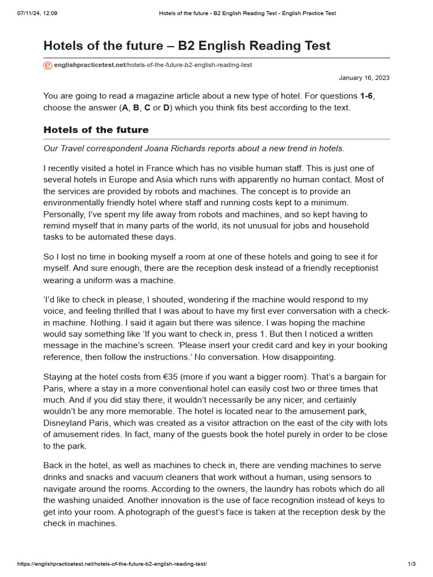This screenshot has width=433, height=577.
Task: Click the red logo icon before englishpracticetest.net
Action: point(47,65)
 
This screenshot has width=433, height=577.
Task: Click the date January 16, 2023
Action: point(364,78)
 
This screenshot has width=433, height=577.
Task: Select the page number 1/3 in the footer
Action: point(412,564)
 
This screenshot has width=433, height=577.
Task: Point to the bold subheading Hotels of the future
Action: point(96,130)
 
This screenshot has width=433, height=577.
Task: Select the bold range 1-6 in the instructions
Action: point(366,96)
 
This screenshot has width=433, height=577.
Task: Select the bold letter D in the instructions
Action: point(166,108)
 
